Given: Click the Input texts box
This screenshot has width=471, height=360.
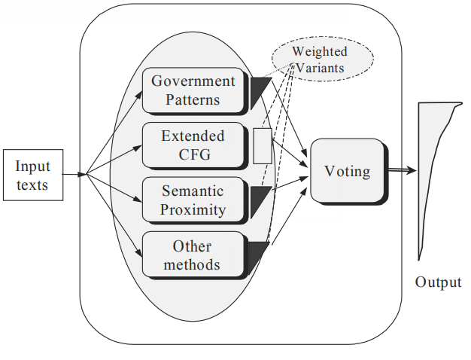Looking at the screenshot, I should click(32, 175).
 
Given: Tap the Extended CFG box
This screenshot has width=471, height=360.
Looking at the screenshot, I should click(193, 145).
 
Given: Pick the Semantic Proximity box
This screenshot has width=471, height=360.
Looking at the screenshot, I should click(193, 200).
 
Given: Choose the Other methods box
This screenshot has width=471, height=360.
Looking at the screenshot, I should click(193, 255).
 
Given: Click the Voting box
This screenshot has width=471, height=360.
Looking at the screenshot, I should click(347, 172).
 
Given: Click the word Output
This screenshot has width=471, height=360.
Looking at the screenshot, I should click(438, 282).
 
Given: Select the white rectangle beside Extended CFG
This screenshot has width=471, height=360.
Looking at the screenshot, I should click(262, 145).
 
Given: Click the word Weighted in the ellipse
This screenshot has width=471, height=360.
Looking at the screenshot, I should click(320, 52).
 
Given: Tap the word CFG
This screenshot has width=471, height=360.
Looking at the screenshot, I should click(193, 154).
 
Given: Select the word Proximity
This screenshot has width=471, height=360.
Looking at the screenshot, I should click(193, 209).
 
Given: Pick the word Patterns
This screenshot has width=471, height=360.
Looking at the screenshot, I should click(193, 99).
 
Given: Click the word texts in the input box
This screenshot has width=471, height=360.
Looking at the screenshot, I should click(32, 184).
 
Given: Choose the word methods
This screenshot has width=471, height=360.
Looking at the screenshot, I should click(193, 264).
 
